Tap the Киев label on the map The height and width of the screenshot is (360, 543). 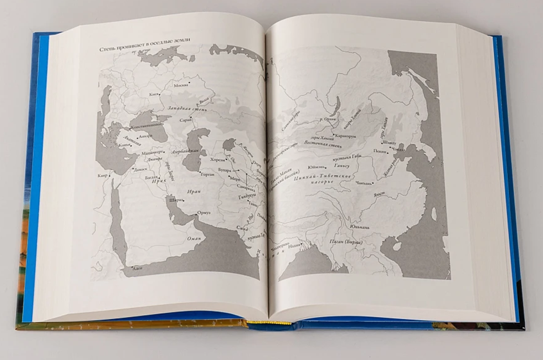pyautogui.click(x=153, y=95)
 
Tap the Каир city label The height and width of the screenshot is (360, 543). pyautogui.click(x=101, y=175)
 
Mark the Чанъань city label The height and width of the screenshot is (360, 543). pyautogui.click(x=364, y=184)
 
